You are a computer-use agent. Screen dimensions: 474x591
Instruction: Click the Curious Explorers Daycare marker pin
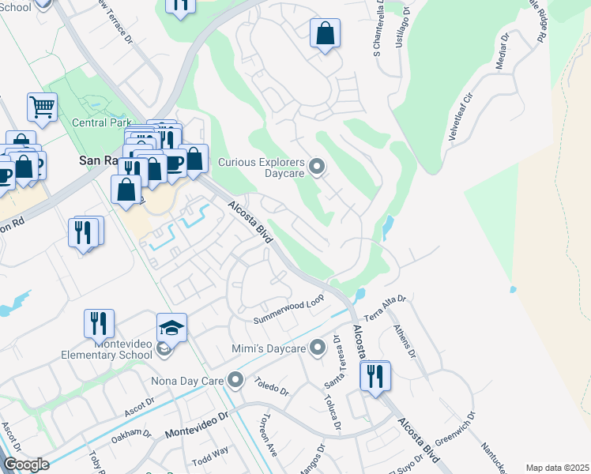[317, 166]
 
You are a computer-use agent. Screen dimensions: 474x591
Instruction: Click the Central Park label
[100, 122]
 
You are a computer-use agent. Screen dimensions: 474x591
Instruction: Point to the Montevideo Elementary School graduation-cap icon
[172, 328]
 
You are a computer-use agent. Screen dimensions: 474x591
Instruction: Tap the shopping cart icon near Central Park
[42, 105]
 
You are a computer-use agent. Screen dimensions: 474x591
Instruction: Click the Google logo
[25, 465]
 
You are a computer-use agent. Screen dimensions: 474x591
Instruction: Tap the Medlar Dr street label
[503, 52]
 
